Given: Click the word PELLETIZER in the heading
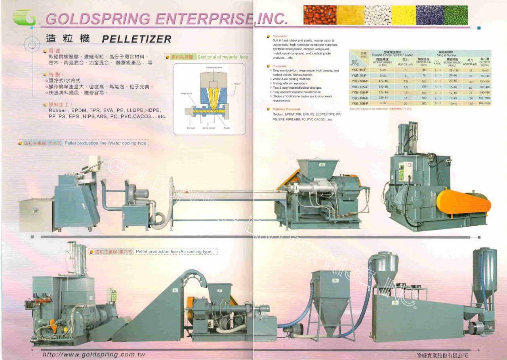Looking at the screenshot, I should [137, 39].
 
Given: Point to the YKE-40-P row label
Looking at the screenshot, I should [359, 70].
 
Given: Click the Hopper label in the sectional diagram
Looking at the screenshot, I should [237, 84].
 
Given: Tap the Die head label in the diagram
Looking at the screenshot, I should [191, 128].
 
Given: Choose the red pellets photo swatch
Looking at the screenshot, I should [320, 15].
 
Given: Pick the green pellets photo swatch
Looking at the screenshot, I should [456, 15].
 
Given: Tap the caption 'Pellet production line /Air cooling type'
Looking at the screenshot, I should [173, 251].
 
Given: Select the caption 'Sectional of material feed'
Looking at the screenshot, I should [223, 57].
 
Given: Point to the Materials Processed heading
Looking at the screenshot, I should [286, 109].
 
